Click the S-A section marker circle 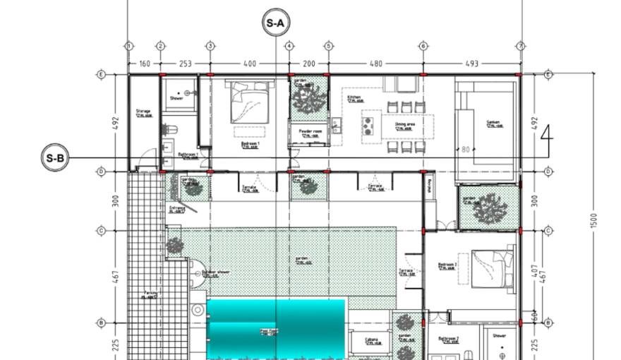[x=275, y=23]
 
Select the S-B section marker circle [x=55, y=158]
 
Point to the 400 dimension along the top [x=249, y=64]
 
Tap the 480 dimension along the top [x=375, y=64]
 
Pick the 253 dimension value [x=185, y=64]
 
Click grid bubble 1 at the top [x=128, y=46]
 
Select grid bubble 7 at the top [x=521, y=46]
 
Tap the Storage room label [x=143, y=111]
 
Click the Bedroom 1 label [x=251, y=143]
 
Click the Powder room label [x=310, y=131]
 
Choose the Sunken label [x=493, y=122]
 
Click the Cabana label [x=371, y=340]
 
